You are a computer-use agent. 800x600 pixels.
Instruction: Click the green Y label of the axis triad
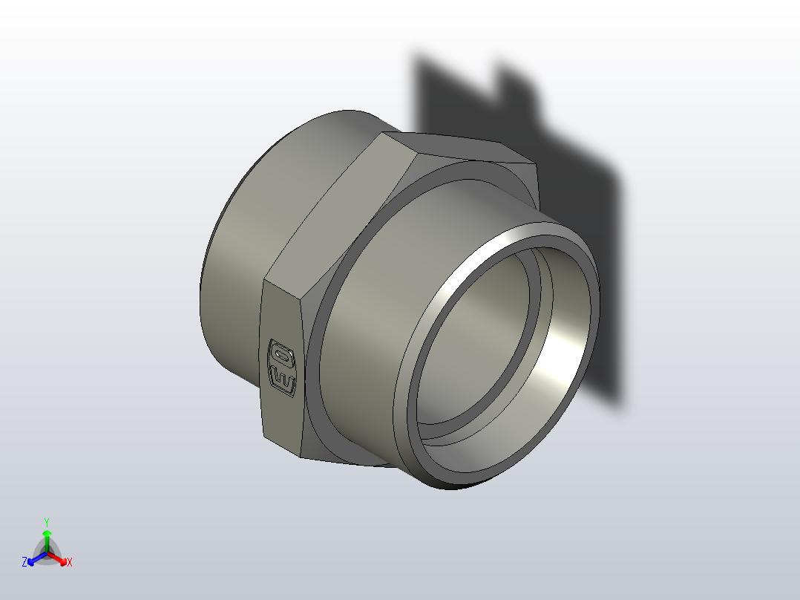[47, 522]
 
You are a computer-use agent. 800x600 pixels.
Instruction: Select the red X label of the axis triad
[70, 563]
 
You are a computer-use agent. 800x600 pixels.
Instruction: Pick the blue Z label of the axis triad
[24, 563]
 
